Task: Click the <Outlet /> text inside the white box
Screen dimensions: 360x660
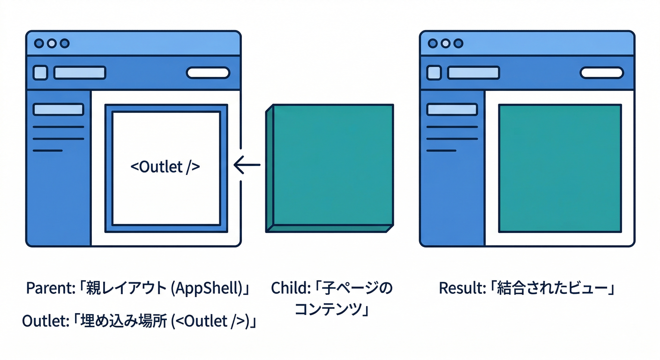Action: (x=165, y=167)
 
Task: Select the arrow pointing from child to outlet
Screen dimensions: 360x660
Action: (x=247, y=165)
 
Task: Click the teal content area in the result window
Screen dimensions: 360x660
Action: (x=560, y=168)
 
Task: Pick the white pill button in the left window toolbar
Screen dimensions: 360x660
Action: (x=208, y=73)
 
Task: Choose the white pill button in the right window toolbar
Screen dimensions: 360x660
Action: (x=602, y=73)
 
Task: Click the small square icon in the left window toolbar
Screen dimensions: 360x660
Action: (x=41, y=73)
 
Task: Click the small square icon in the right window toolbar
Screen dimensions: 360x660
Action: (x=435, y=73)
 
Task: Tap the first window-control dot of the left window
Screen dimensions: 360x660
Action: (x=39, y=44)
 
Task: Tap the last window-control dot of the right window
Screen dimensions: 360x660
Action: (x=458, y=44)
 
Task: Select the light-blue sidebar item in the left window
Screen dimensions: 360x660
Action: (x=58, y=110)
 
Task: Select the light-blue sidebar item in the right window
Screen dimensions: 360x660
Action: (x=452, y=110)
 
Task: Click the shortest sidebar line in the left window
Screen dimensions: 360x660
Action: (x=47, y=150)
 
